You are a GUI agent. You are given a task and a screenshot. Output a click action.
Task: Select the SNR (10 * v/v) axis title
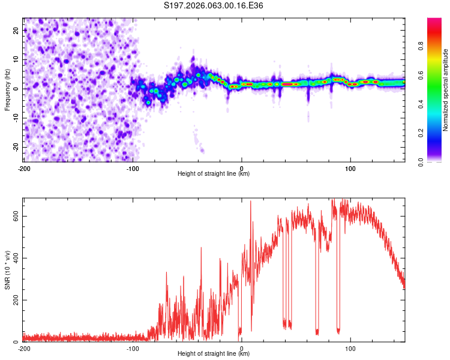click(7, 270)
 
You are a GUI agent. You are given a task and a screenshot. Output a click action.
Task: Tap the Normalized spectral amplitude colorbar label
click(446, 90)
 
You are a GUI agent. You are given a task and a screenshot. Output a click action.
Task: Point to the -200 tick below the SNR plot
click(23, 349)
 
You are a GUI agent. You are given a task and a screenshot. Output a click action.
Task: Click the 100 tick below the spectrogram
click(350, 169)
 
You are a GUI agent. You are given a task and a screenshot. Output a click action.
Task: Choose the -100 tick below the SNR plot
click(133, 349)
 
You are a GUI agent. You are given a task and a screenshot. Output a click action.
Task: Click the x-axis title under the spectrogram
click(214, 175)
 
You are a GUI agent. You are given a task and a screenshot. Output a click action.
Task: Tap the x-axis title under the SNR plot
click(214, 355)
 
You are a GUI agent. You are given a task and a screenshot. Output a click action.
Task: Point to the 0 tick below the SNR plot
click(241, 349)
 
